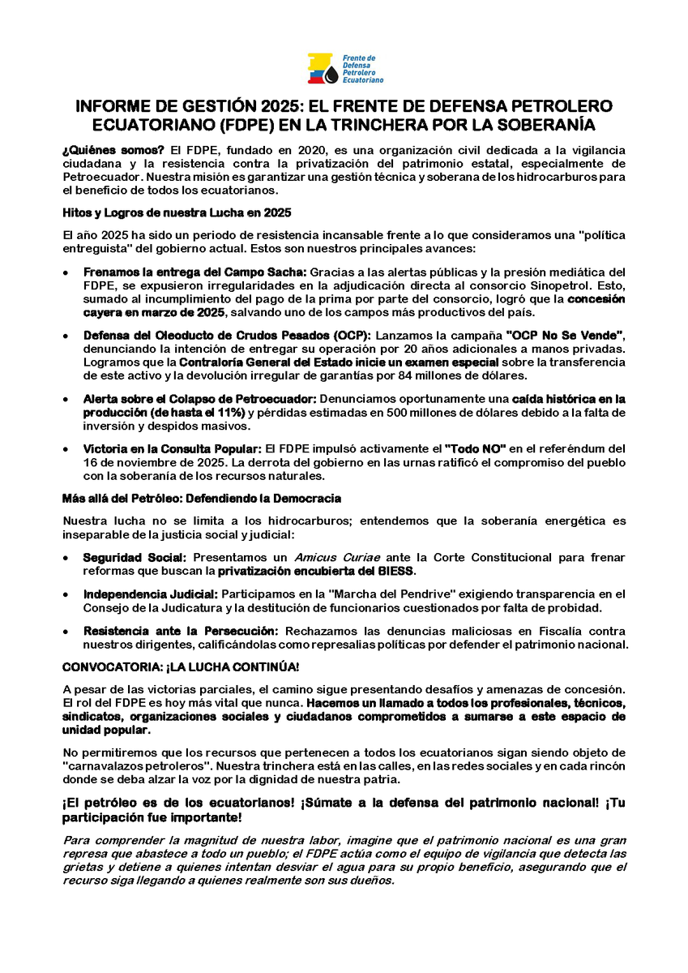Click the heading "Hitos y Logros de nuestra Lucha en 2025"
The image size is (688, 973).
click(177, 212)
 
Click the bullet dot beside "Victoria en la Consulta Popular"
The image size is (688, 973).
click(66, 448)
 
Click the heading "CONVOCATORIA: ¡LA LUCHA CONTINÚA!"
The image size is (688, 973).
click(181, 667)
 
